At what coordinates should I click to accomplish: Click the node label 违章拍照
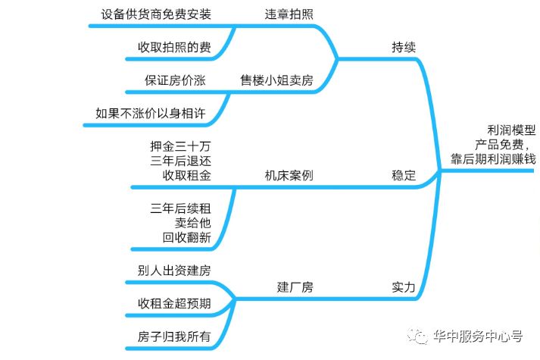[x=289, y=14]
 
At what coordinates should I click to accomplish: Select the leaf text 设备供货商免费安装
[x=155, y=14]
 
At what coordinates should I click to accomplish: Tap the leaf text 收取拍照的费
[x=173, y=47]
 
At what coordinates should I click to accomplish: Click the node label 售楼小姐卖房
[x=276, y=80]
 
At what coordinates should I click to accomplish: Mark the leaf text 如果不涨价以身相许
[x=150, y=113]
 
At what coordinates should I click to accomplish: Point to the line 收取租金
[x=186, y=175]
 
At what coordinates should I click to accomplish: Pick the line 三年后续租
[x=180, y=207]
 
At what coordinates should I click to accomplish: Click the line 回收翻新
[x=186, y=237]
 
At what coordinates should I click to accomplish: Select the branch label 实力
[x=404, y=287]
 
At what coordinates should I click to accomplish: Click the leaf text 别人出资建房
[x=173, y=271]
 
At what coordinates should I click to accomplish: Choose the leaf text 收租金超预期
[x=173, y=303]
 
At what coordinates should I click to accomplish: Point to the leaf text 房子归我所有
[x=173, y=336]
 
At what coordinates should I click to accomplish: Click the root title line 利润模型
[x=511, y=130]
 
